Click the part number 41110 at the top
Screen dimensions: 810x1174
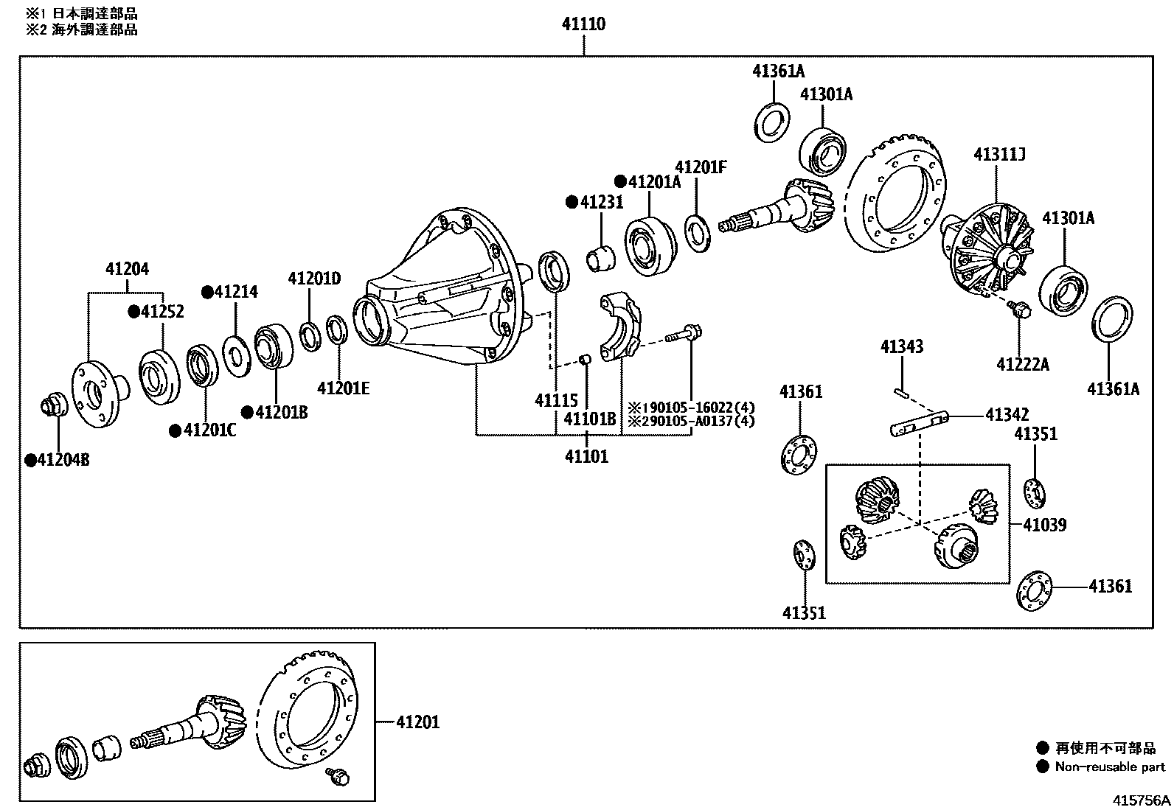[583, 24]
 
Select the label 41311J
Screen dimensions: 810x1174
[999, 155]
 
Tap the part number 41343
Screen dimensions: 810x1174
[901, 346]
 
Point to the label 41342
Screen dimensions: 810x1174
[1007, 415]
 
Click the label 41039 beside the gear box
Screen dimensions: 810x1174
[1044, 525]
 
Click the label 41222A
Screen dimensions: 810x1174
[1022, 364]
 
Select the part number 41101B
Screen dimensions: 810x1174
[589, 419]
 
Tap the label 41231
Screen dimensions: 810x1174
[601, 202]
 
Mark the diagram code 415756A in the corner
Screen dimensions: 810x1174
[1141, 800]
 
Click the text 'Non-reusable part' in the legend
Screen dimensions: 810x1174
[1110, 767]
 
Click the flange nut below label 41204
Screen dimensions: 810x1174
[54, 406]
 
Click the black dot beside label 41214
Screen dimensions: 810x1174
[207, 292]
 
